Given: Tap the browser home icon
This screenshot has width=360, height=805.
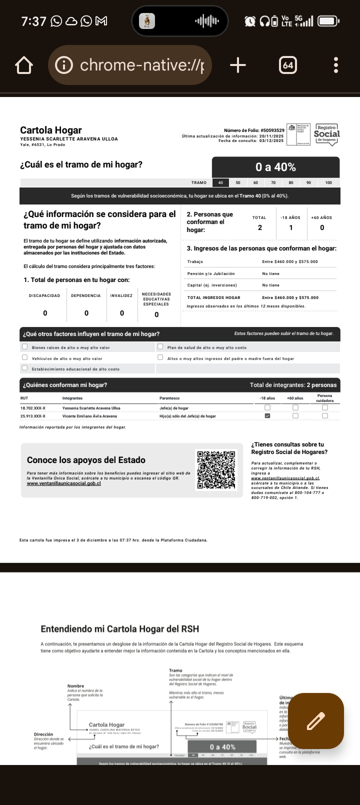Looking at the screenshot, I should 24,65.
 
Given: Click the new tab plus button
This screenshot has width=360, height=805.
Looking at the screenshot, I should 238,65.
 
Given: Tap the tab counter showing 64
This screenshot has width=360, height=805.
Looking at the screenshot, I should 287,65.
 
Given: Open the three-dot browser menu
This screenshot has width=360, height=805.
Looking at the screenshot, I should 336,65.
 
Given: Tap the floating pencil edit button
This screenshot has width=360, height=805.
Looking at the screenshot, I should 315,721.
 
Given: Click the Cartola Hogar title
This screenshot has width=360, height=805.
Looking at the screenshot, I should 51,130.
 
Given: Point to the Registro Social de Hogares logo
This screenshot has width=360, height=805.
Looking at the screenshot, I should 326,134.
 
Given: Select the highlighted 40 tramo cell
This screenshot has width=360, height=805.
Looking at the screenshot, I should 220,182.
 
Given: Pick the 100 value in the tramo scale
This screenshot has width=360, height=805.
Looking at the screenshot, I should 328,182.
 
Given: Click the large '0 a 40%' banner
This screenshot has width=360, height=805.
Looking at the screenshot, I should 275,167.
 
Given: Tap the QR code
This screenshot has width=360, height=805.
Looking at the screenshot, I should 216,470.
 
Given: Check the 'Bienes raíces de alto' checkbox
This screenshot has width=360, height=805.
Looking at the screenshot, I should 25,346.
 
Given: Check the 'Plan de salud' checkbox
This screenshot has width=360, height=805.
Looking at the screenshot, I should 160,346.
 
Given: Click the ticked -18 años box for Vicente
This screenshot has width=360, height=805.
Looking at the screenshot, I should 267,415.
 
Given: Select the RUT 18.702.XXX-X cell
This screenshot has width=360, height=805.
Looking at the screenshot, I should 33,408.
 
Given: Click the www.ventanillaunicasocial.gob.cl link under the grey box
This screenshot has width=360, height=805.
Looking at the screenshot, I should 63,483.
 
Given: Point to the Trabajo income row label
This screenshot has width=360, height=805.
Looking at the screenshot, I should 195,261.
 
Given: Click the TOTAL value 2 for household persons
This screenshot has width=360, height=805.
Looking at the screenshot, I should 259,227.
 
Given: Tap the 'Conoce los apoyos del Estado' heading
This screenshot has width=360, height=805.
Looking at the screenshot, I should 86,460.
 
